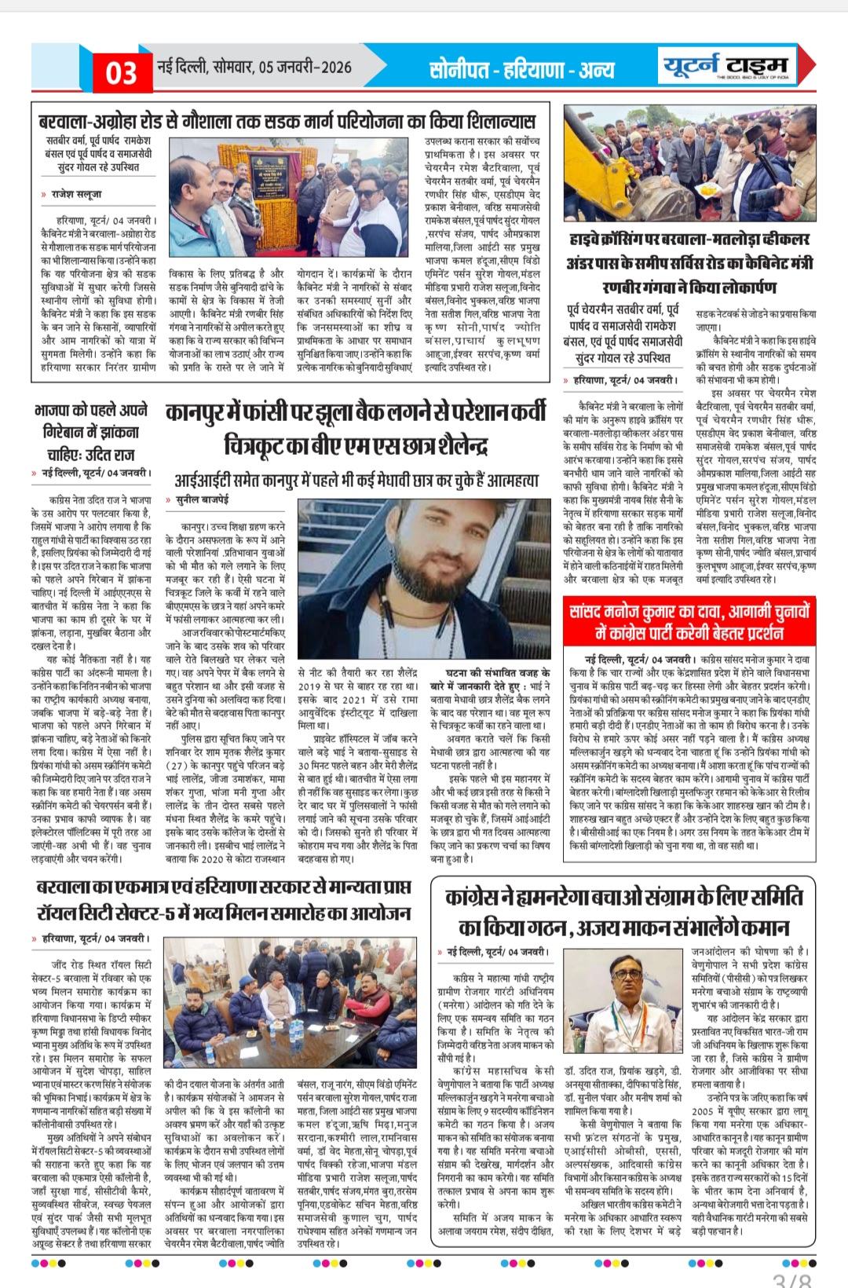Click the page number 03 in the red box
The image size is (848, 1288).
point(121,73)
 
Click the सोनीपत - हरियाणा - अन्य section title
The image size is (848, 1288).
point(521,70)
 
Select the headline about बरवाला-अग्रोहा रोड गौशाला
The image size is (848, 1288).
point(287,121)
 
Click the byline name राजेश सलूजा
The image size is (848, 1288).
point(76,194)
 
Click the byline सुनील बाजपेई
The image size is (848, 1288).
point(202,499)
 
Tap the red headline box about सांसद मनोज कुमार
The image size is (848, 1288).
point(689,621)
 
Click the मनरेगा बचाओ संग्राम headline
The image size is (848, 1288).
point(623,912)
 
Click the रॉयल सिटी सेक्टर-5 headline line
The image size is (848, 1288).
point(223,913)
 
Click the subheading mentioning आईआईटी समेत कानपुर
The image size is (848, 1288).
point(356,480)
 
